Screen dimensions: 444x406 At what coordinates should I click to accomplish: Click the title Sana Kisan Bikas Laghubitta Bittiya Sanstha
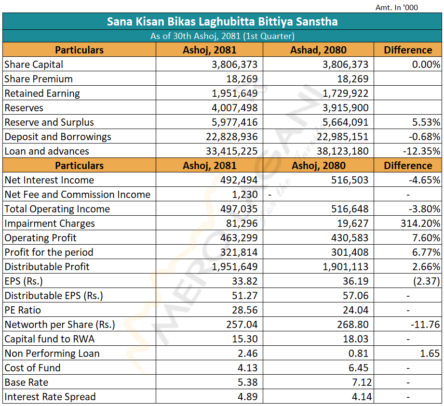(222, 22)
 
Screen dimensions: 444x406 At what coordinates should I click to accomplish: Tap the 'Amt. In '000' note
(396, 8)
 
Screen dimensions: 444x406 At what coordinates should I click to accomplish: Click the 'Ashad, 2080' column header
(318, 50)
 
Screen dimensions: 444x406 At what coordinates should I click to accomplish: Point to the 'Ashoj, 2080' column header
(319, 166)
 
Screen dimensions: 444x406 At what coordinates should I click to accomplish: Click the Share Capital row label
(34, 65)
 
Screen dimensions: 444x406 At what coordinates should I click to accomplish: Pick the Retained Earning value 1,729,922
(346, 93)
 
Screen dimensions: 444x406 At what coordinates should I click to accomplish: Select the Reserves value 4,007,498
(235, 108)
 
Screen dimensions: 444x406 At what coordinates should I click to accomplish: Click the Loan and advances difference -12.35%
(422, 151)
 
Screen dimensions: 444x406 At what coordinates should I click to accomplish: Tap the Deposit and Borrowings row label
(58, 137)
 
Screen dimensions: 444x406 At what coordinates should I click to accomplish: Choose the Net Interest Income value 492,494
(239, 180)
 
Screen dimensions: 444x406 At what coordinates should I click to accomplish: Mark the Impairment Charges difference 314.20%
(420, 223)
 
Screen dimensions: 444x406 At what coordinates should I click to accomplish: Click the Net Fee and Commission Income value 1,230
(245, 195)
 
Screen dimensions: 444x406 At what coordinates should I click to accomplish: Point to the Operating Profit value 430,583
(350, 237)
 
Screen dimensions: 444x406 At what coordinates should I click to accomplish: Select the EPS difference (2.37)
(427, 281)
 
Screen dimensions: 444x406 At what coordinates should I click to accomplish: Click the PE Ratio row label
(23, 310)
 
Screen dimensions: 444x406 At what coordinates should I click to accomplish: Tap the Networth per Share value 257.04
(242, 325)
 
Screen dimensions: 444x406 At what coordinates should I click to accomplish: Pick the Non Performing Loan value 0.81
(359, 354)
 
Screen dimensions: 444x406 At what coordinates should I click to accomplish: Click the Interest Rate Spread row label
(50, 397)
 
